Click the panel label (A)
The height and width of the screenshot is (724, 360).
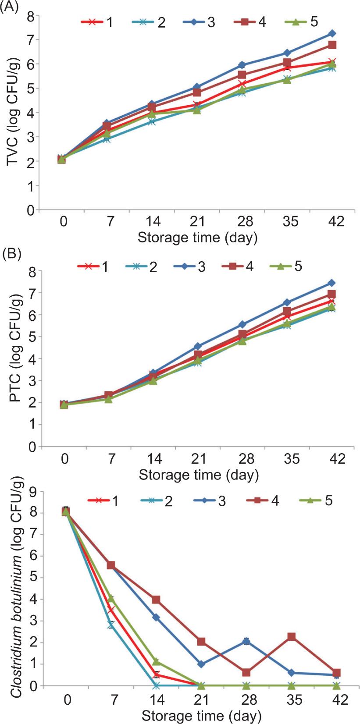pyautogui.click(x=9, y=7)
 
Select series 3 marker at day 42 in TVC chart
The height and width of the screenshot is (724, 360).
pyautogui.click(x=332, y=33)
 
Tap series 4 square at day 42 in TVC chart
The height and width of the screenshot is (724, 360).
pyautogui.click(x=332, y=45)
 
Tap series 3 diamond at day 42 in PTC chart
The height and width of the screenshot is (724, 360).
pyautogui.click(x=332, y=283)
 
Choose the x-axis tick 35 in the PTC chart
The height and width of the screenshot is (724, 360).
pyautogui.click(x=291, y=459)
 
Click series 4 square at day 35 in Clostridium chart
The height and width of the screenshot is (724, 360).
pyautogui.click(x=291, y=636)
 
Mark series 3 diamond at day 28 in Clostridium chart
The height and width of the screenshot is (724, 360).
pyautogui.click(x=246, y=641)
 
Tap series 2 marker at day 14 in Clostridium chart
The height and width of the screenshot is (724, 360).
pyautogui.click(x=156, y=685)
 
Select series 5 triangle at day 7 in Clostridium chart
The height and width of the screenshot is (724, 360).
pyautogui.click(x=111, y=599)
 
